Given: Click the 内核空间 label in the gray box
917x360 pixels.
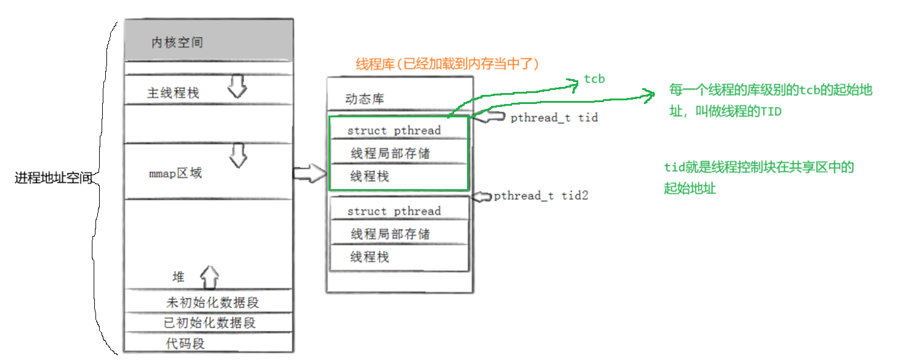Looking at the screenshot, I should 177,43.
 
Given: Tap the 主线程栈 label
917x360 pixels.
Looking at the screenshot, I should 173,93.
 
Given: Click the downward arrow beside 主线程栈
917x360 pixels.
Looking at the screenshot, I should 238,88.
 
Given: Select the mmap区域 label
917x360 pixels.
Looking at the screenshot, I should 175,173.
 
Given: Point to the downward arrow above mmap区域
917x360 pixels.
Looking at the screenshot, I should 238,156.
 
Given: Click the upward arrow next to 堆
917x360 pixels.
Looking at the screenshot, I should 210,277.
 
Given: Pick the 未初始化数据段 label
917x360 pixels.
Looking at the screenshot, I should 216,302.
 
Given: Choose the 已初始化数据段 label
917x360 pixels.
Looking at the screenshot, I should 210,323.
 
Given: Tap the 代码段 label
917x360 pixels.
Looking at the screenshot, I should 185,343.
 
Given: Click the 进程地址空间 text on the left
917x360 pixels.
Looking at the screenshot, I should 54,178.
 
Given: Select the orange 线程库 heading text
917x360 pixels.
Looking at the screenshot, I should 448,64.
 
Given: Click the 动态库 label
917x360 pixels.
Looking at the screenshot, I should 365,99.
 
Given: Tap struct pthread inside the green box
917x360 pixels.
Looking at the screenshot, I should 394,130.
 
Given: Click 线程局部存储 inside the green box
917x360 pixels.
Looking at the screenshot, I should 390,153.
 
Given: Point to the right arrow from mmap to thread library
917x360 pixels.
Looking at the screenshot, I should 309,173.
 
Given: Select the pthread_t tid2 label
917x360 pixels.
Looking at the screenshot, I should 541,195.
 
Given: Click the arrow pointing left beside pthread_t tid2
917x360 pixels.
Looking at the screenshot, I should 482,196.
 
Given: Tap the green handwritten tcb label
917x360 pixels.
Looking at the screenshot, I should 594,78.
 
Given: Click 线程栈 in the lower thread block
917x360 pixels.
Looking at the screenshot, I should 369,257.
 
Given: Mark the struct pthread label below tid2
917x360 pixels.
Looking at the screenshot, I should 394,211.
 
